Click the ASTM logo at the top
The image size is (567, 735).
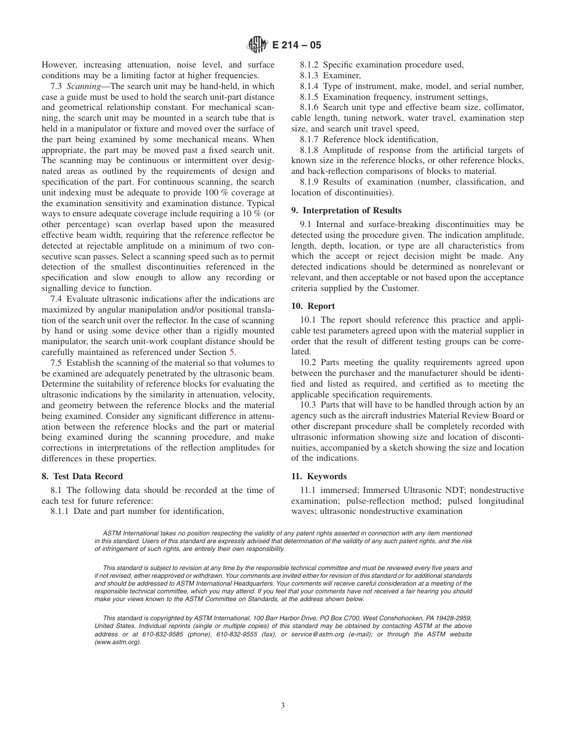[257, 44]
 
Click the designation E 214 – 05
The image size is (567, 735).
[297, 44]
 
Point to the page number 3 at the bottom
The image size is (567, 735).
[283, 705]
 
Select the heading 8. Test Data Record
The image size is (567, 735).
[82, 476]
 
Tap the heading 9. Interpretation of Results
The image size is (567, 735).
[346, 210]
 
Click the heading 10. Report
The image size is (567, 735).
[313, 306]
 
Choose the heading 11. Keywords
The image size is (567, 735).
[319, 476]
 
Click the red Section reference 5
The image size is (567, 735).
[232, 352]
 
